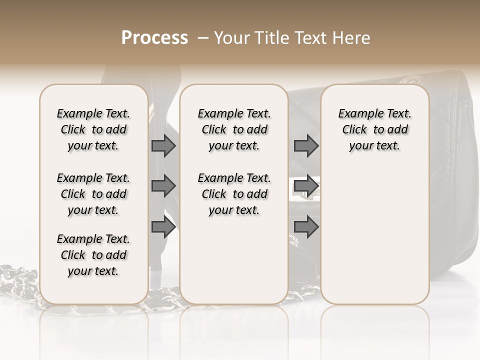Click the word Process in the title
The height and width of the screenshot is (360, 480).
point(154,37)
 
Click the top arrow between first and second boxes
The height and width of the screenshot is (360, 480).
point(163,145)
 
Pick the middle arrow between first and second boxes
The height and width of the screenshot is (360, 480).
point(163,186)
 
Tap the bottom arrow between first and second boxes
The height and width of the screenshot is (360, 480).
point(163,227)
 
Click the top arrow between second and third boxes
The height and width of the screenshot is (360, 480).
point(306,145)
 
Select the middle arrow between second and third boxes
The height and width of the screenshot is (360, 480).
point(306,186)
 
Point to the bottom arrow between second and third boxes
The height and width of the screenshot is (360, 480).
point(306,227)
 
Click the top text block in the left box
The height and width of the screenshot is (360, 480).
point(93,129)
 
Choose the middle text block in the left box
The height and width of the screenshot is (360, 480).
point(93,194)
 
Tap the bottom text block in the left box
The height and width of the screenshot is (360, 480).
point(93,255)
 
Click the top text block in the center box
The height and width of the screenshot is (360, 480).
point(234,129)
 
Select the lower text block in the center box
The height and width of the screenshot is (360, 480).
point(234,194)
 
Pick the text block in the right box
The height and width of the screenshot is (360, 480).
point(375,129)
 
